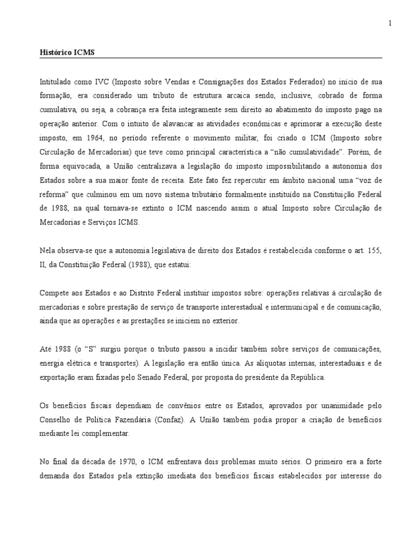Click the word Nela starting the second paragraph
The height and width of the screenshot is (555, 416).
(x=48, y=250)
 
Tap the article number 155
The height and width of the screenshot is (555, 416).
(x=374, y=250)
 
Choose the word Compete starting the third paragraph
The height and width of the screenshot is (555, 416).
(x=54, y=293)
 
